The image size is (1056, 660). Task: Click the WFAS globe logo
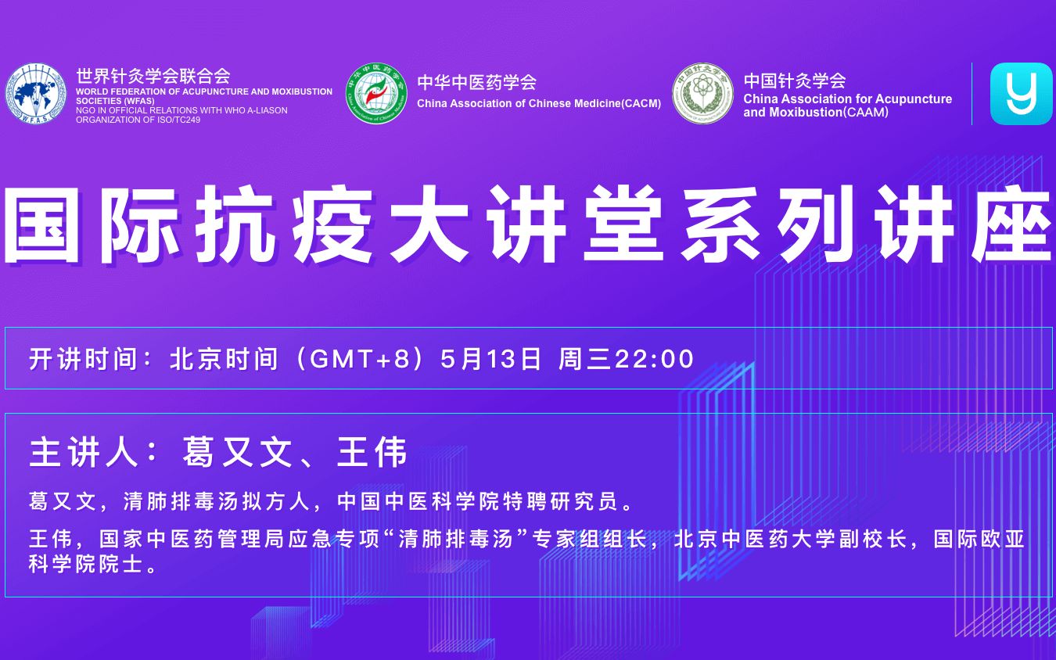pos(36,93)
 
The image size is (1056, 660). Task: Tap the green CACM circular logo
pos(376,93)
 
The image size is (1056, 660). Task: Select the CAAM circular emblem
pos(702,93)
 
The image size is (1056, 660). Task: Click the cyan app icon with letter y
pos(1022,94)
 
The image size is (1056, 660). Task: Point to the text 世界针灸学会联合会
pos(153,75)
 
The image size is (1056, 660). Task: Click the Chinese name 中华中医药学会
pos(476,82)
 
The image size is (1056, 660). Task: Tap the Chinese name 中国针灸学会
pos(795,81)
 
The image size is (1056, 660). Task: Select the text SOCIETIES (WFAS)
pos(115,101)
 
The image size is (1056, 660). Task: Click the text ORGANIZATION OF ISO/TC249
pos(138,120)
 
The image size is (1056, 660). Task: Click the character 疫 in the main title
pos(332,224)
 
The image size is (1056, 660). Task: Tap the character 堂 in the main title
pos(623,224)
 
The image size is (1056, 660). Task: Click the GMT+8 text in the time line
pos(359,359)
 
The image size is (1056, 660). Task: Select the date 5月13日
pos(490,359)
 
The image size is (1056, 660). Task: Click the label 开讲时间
pos(83,359)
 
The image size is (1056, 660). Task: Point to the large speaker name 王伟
pos(372,452)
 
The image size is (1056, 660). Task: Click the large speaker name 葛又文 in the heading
pos(237,452)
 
